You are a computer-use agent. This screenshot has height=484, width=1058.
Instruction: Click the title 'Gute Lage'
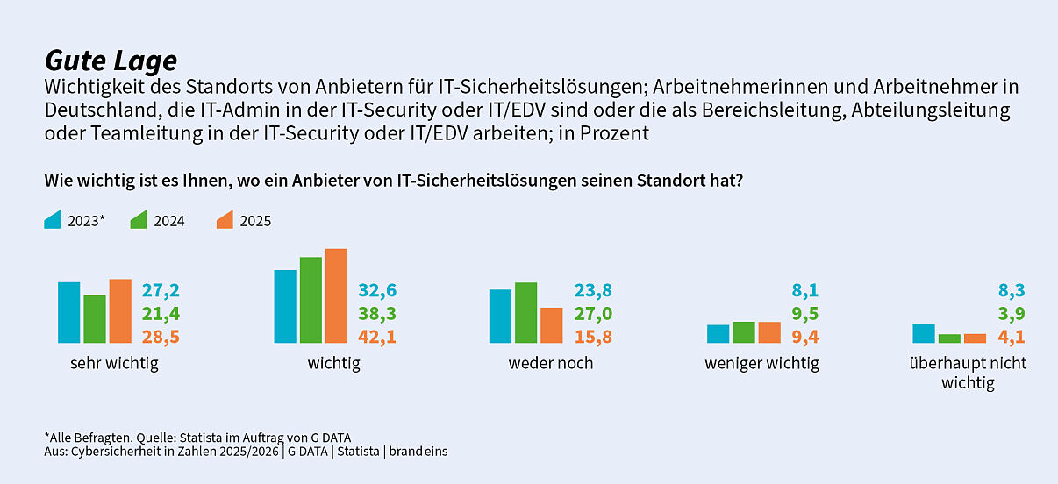(x=111, y=60)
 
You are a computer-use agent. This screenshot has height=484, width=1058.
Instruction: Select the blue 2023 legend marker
(x=52, y=220)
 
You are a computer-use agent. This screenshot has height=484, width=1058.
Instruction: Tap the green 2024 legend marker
(x=138, y=220)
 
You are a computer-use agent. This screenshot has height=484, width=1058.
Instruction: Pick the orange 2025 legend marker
(x=224, y=220)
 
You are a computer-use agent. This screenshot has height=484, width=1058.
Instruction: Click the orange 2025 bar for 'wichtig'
(x=336, y=296)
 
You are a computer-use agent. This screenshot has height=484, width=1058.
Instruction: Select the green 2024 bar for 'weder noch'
(x=525, y=313)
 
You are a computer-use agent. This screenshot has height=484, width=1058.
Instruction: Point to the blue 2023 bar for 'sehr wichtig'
(x=68, y=312)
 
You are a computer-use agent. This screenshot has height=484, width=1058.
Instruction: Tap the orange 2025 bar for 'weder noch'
(x=551, y=325)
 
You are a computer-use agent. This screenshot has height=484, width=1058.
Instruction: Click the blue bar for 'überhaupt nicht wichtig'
(x=923, y=333)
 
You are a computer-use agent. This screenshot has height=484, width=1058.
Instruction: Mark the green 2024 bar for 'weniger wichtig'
(x=743, y=332)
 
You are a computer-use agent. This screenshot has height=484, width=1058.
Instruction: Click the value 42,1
(x=377, y=337)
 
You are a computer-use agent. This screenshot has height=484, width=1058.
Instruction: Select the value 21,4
(x=161, y=314)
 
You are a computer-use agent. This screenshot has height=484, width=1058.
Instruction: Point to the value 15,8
(x=593, y=337)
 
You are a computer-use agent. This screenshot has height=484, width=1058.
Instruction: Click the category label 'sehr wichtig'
(x=114, y=363)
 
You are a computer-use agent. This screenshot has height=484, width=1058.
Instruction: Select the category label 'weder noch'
(x=550, y=363)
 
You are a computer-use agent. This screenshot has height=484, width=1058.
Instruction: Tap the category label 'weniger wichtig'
(x=761, y=363)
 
